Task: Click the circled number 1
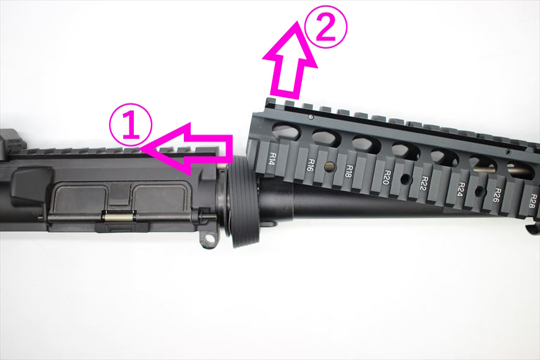coord(131,124)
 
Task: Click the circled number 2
coord(325,27)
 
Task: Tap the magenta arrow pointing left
coord(188,148)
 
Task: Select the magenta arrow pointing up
coord(290,59)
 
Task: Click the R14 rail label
coord(272,159)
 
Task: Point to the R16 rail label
coord(311,165)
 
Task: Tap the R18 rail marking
coord(349,171)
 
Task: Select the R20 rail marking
coord(387,177)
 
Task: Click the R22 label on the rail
coord(424,183)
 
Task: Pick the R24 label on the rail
coord(461,189)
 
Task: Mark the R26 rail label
coord(498,195)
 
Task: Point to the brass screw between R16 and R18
coord(330,167)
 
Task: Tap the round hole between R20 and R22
coord(406,179)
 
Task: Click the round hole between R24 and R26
coord(479,191)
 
